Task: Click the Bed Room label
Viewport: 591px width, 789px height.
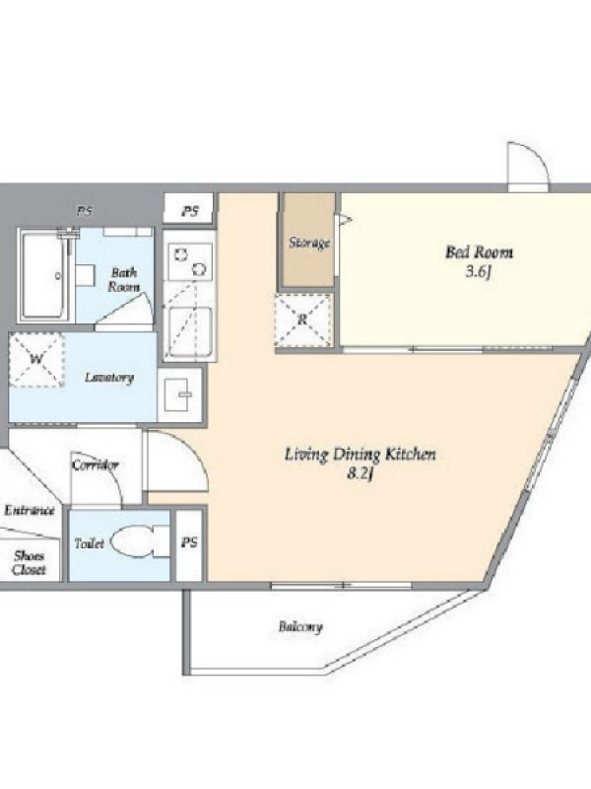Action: click(479, 251)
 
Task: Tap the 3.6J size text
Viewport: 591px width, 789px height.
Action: click(478, 272)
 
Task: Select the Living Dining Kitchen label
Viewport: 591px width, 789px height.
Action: click(361, 455)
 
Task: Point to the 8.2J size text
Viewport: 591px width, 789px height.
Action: click(361, 474)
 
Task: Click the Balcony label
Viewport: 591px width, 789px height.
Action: click(300, 627)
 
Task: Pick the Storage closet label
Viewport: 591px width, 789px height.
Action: click(309, 243)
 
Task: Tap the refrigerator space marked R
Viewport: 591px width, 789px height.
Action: click(303, 320)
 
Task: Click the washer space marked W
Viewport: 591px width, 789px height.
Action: click(36, 359)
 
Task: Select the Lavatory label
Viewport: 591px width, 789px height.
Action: click(109, 378)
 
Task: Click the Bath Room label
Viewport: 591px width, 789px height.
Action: click(124, 280)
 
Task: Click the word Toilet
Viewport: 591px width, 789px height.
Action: click(90, 543)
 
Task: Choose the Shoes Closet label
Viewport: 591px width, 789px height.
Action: click(29, 563)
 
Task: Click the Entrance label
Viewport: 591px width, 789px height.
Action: click(30, 511)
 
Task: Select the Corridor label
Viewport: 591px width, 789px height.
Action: click(96, 465)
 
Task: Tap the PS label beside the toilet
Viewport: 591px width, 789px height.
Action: click(189, 543)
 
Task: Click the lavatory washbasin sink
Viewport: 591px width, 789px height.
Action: click(180, 394)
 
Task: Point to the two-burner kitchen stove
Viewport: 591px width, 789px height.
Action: click(190, 261)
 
